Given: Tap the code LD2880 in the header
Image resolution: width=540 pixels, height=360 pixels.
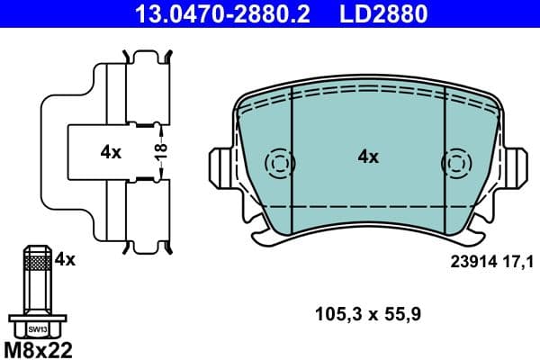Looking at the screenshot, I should [x=382, y=13].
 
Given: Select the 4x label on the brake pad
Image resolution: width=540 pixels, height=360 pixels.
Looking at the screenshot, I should [x=368, y=157].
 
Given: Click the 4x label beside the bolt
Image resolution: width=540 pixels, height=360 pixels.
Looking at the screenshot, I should [x=65, y=260].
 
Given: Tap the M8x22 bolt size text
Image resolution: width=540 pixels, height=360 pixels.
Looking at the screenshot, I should [x=40, y=347].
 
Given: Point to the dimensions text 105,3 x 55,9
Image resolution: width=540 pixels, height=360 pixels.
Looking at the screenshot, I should [x=369, y=314].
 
